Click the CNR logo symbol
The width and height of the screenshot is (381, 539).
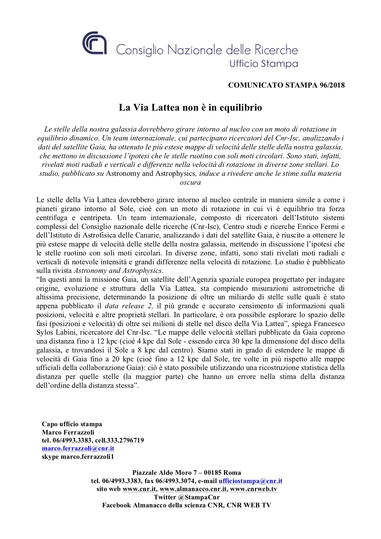coord(94,43)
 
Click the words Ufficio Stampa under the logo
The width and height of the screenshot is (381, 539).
coord(264,64)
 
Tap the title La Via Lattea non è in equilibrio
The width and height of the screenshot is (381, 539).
coord(190,108)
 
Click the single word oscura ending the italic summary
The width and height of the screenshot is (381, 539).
coord(190,183)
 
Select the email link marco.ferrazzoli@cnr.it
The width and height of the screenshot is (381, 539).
coord(78,448)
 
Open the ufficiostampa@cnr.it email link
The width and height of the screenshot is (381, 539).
coord(250,481)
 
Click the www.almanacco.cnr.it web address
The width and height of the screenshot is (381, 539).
coord(193,489)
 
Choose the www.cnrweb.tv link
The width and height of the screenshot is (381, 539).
coord(253,489)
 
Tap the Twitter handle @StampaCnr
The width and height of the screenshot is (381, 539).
coord(202,497)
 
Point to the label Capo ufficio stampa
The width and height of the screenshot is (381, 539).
coord(72,424)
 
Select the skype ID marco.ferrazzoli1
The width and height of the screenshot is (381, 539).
coord(87,456)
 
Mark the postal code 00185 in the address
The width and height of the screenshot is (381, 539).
coord(212,473)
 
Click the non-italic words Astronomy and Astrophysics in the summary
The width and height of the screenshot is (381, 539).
coord(150,174)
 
